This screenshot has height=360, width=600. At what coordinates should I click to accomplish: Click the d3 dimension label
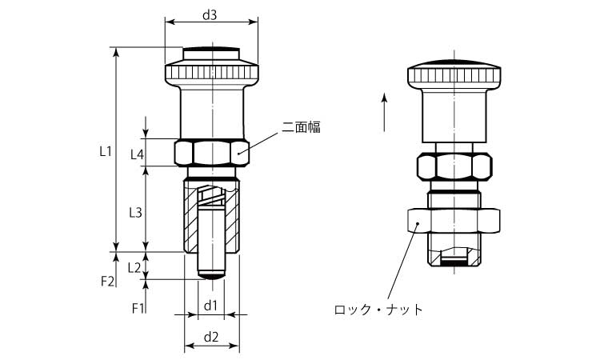(210, 14)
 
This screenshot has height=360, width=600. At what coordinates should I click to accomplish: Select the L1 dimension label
(103, 150)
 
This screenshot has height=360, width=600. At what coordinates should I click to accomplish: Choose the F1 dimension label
(137, 308)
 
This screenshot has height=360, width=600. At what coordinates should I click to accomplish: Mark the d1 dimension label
(210, 306)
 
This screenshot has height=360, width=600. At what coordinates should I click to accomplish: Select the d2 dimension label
(211, 337)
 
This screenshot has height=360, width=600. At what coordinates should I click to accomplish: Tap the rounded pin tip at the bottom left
(211, 274)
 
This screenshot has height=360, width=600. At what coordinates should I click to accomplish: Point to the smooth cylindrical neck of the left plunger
(211, 112)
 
